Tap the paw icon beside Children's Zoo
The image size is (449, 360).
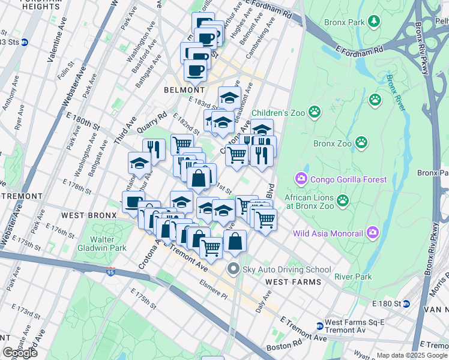tap(314, 112)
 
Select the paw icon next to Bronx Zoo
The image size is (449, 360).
tap(361, 143)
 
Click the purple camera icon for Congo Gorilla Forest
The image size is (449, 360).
tap(300, 178)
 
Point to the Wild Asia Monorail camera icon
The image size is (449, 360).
tap(372, 232)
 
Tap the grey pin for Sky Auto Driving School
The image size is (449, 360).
tap(234, 269)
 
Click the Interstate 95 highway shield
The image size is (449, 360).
tap(110, 271)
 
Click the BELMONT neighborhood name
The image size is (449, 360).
tap(181, 89)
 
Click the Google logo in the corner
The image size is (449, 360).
tap(20, 353)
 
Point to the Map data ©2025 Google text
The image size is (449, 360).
tap(412, 355)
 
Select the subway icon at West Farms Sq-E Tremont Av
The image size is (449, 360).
tap(319, 326)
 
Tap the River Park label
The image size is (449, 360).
tap(353, 277)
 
